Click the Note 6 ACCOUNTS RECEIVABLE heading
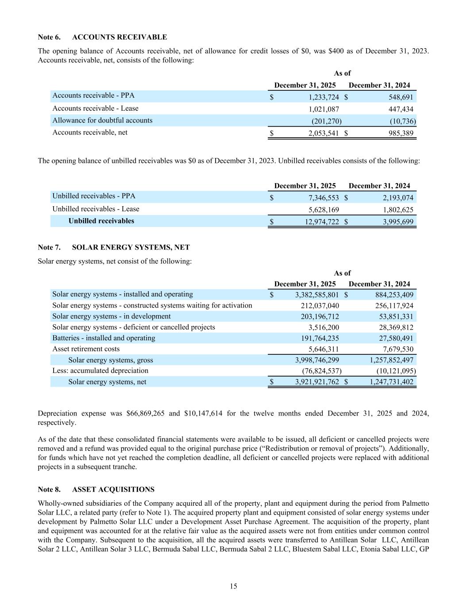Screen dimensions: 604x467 click(x=102, y=37)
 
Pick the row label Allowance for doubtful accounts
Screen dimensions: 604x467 click(x=102, y=120)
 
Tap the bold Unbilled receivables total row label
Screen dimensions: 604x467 click(x=101, y=221)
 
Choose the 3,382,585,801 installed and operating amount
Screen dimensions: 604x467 click(x=317, y=295)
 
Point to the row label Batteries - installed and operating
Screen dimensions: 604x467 click(x=104, y=338)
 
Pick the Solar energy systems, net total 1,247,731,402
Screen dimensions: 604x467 click(x=392, y=382)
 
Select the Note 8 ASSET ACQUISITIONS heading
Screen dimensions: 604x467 click(x=96, y=489)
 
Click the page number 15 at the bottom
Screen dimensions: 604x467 click(x=233, y=586)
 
